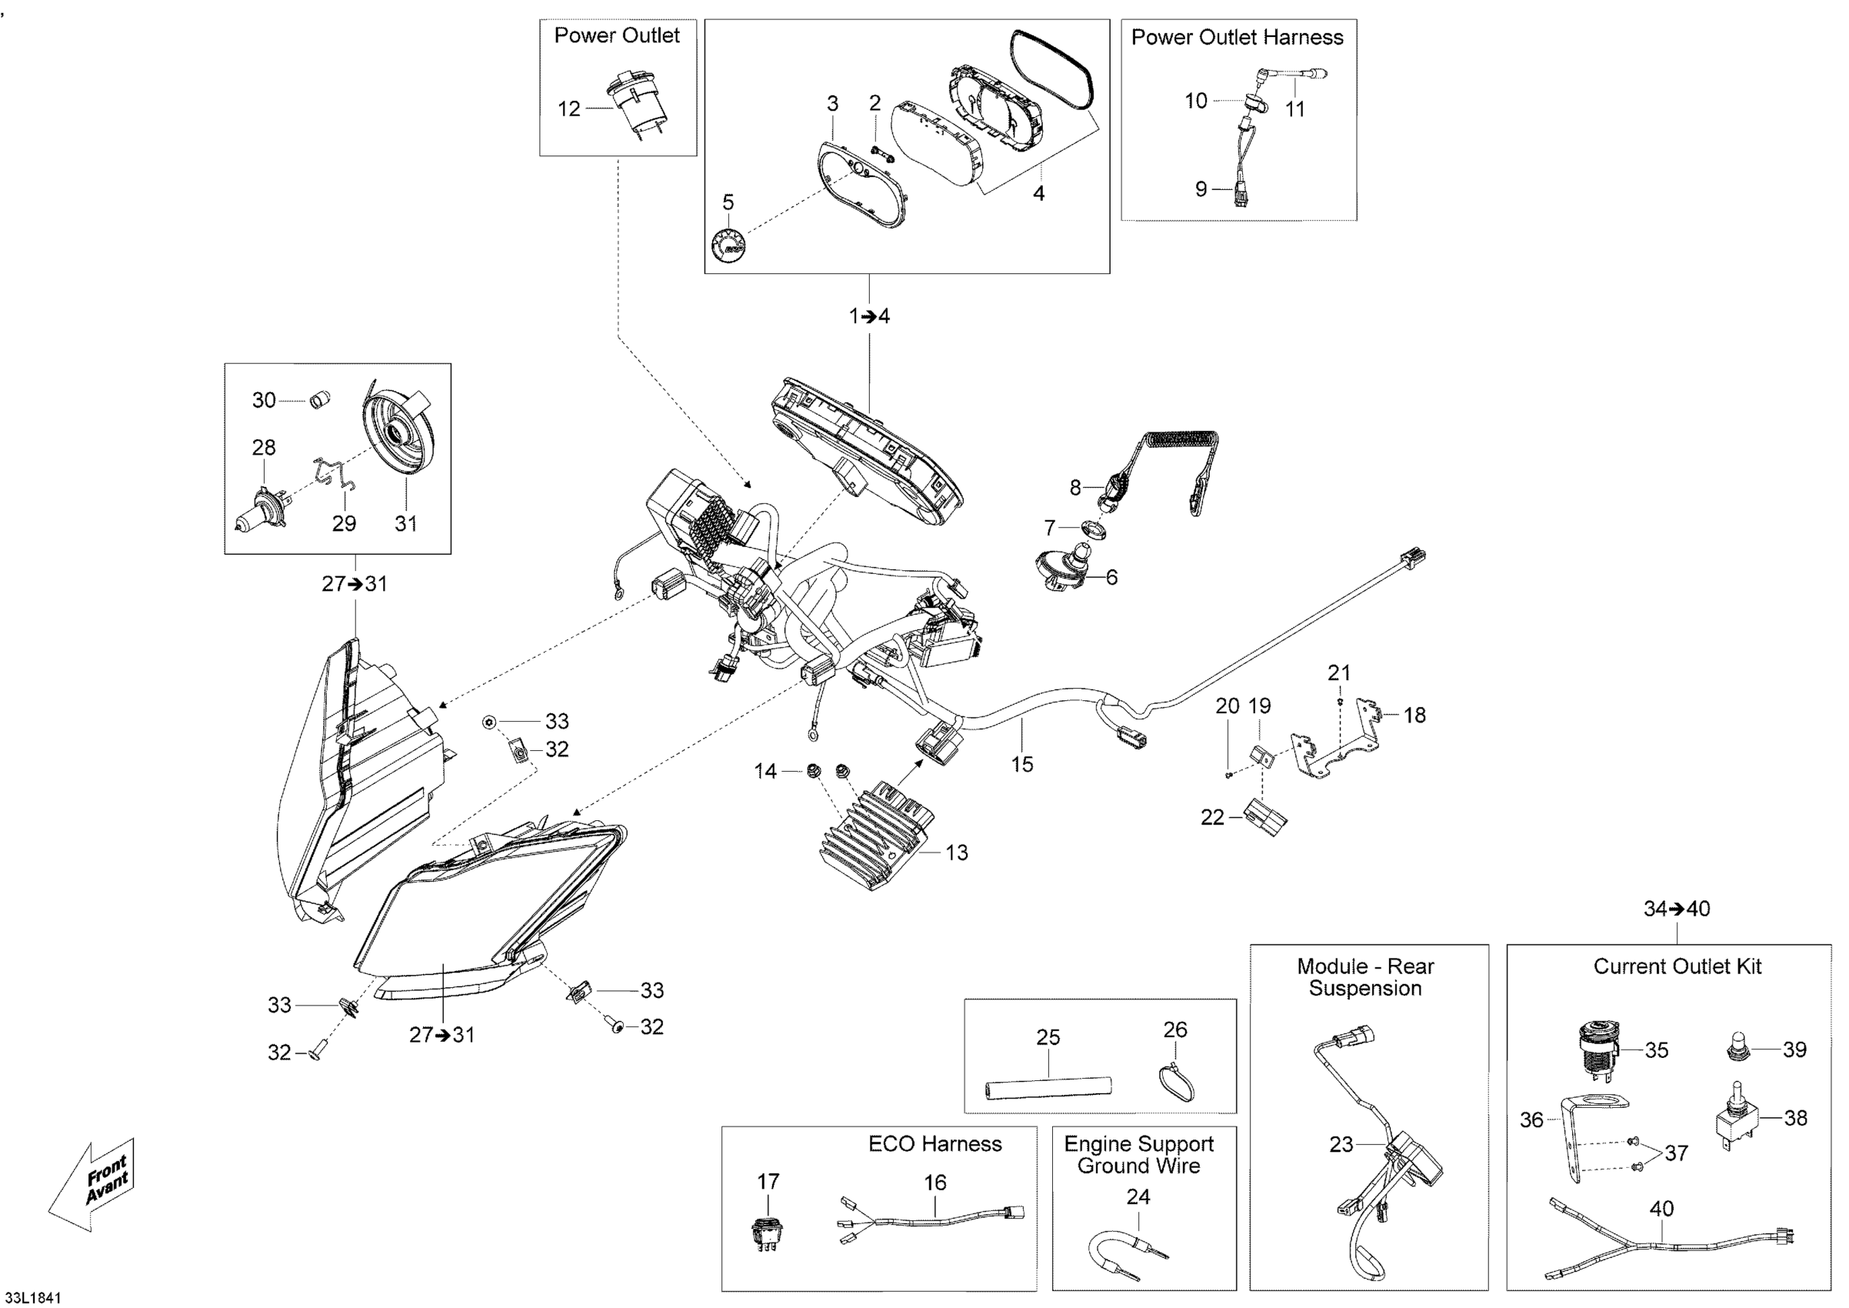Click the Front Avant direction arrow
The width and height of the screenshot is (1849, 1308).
tap(90, 1186)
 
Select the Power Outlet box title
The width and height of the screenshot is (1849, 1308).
tap(617, 35)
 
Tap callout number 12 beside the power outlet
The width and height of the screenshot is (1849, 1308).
tap(568, 108)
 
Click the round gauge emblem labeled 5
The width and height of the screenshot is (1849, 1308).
tap(728, 243)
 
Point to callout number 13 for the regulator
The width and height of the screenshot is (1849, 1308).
tap(956, 853)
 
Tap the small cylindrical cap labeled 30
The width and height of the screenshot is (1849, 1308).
tap(321, 399)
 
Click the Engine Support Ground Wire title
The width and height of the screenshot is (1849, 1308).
tap(1138, 1154)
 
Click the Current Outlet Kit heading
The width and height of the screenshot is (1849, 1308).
tap(1677, 966)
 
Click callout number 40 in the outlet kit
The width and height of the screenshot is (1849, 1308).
tap(1661, 1208)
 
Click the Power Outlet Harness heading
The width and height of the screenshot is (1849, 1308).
tap(1237, 37)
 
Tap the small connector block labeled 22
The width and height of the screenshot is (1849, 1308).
tap(1265, 816)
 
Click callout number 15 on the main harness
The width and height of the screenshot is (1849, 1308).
tap(1022, 763)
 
